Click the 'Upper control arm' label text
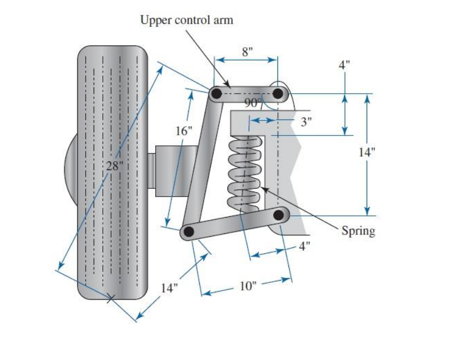pos(187,20)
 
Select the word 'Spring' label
pos(358,231)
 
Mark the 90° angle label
pos(253,103)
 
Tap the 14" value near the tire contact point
pos(170,288)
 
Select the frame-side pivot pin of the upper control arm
pos(278,94)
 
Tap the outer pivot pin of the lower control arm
pos(188,232)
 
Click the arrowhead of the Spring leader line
pos(263,188)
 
